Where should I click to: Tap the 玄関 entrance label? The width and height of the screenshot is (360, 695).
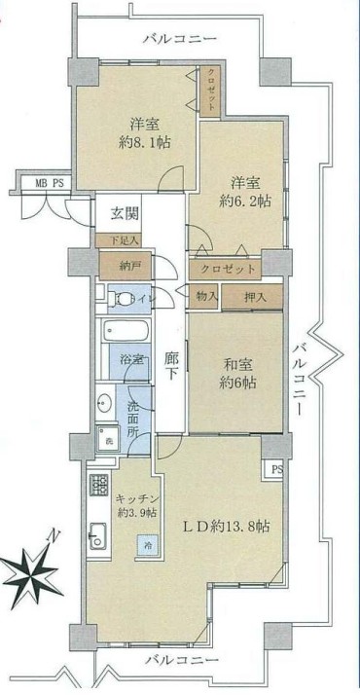point(122,214)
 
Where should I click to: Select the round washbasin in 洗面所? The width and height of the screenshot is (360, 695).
point(103,401)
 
